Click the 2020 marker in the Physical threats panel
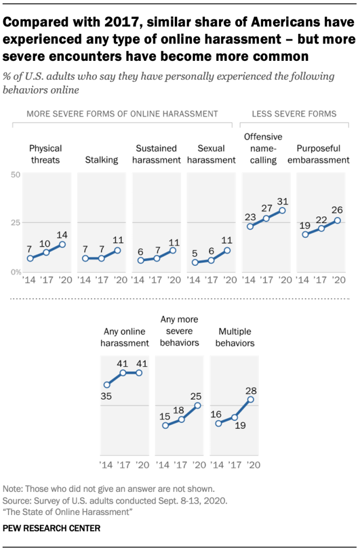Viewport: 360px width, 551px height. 61,244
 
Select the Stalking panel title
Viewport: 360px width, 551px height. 102,160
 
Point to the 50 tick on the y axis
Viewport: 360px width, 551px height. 15,175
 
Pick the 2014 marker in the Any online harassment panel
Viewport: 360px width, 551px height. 107,385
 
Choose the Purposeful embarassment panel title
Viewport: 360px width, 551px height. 323,154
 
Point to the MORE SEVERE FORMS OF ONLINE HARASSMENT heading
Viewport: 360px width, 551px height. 122,114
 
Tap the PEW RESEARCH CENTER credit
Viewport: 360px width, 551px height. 51,528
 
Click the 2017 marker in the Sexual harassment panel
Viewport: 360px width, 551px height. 210,260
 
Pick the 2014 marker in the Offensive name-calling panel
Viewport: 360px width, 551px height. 250,227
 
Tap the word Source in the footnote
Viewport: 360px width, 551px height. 16,499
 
